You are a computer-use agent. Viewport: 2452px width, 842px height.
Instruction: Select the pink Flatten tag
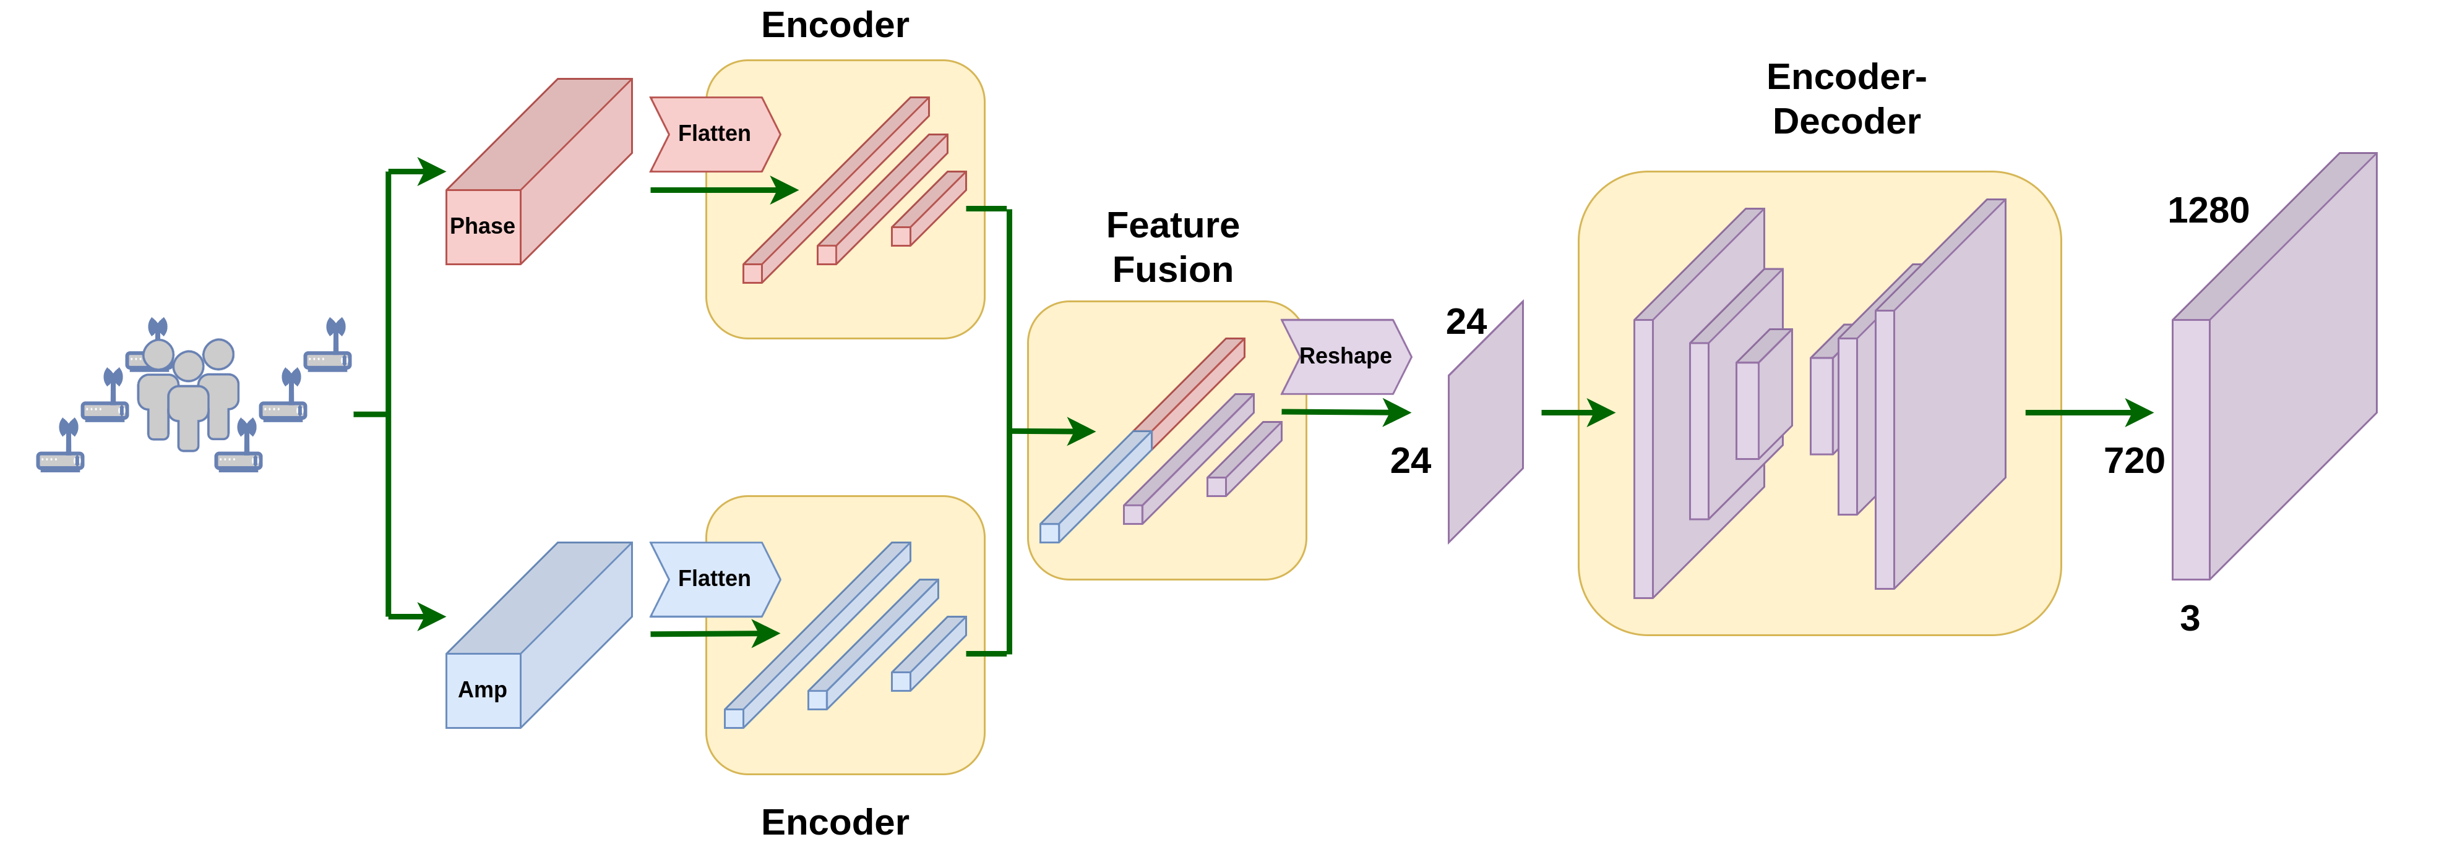[714, 134]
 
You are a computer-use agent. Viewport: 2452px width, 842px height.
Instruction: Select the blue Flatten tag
[714, 579]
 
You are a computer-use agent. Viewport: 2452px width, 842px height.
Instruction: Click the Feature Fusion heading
[1172, 247]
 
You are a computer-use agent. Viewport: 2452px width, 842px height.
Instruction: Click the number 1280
[2208, 210]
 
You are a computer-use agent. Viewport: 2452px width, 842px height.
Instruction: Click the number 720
[2133, 461]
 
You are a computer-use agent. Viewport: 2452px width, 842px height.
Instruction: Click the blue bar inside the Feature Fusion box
[1095, 487]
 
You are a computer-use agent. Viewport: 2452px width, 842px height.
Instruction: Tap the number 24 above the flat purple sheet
[1465, 323]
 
